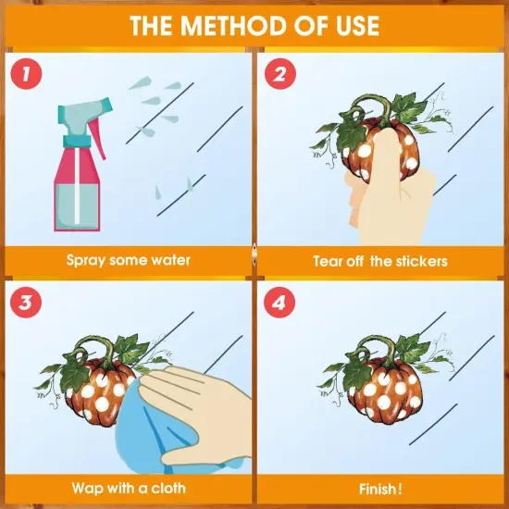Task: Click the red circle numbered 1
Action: [26, 74]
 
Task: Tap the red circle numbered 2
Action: [280, 74]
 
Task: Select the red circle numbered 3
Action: [26, 303]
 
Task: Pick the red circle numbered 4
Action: [279, 303]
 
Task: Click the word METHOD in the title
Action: [235, 26]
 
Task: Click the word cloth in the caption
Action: [168, 488]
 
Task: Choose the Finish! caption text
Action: [380, 489]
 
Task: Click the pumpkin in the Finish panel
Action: [385, 391]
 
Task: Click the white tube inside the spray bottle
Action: [77, 186]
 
